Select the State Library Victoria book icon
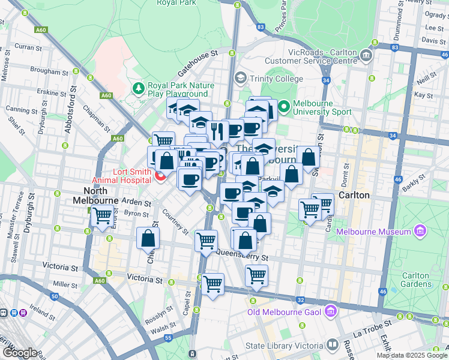(x=331, y=345)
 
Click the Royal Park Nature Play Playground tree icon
(x=139, y=89)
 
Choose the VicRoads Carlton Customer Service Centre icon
(x=366, y=56)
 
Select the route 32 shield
(x=301, y=299)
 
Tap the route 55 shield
(x=169, y=339)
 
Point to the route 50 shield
(x=55, y=296)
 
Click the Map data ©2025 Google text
(x=411, y=355)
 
